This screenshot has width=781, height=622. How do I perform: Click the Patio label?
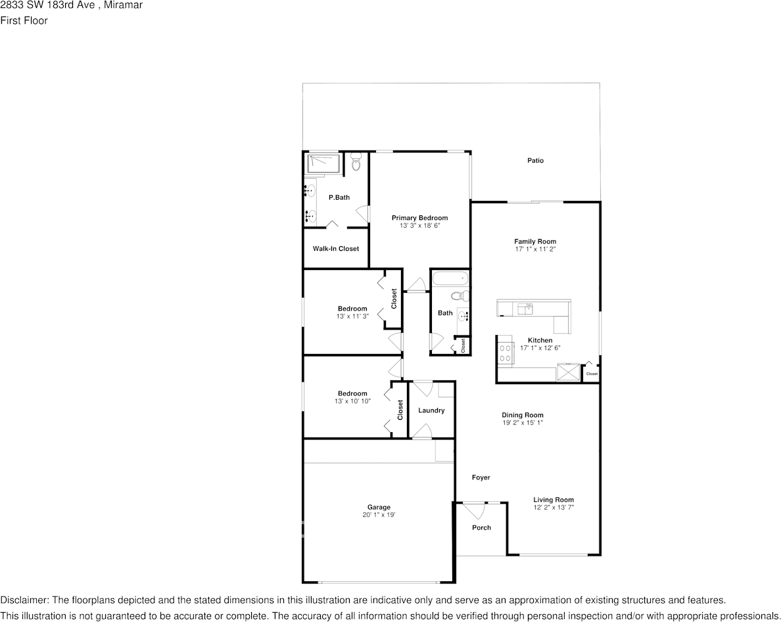point(535,160)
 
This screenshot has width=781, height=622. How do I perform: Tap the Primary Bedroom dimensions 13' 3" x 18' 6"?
point(419,225)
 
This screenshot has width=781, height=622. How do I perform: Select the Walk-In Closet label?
point(335,249)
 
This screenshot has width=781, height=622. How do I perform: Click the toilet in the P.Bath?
point(356,162)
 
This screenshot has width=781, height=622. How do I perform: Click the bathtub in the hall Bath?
point(450,279)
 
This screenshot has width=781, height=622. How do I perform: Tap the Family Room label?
point(535,241)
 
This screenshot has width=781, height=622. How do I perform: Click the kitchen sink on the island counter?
point(525,307)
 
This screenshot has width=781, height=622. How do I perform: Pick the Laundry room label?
point(431,411)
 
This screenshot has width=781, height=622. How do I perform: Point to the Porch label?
point(481,527)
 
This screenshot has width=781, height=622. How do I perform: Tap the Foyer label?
point(481,478)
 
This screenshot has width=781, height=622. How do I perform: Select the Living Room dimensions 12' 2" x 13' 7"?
point(554,507)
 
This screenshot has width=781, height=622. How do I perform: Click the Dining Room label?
point(523,414)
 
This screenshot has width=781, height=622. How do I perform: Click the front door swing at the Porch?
point(473,508)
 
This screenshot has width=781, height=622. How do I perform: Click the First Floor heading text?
point(24,20)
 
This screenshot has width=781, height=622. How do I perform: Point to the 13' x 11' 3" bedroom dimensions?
point(352,316)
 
